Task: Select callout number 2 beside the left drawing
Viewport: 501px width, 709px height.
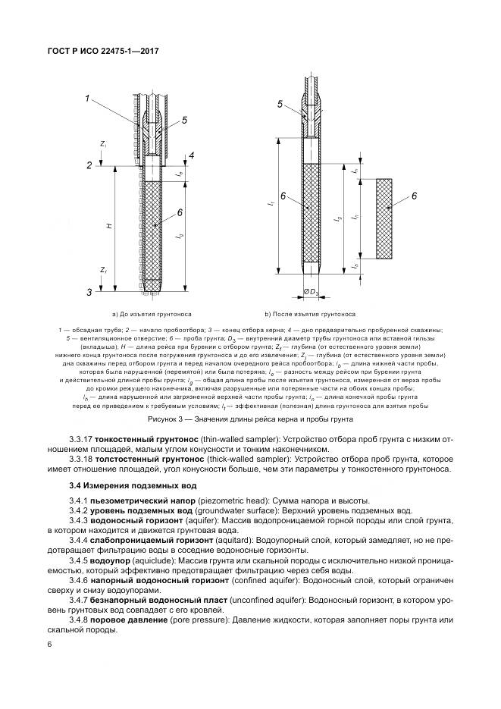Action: (x=89, y=165)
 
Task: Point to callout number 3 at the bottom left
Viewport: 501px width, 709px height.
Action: (x=89, y=291)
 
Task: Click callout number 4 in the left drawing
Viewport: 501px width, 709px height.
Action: (x=192, y=155)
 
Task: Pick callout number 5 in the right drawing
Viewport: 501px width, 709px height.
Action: (x=280, y=105)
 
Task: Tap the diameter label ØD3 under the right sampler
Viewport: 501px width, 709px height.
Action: (x=312, y=292)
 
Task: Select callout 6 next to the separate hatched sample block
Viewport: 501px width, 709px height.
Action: (x=415, y=196)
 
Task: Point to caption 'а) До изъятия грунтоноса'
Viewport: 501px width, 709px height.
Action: (x=152, y=313)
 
